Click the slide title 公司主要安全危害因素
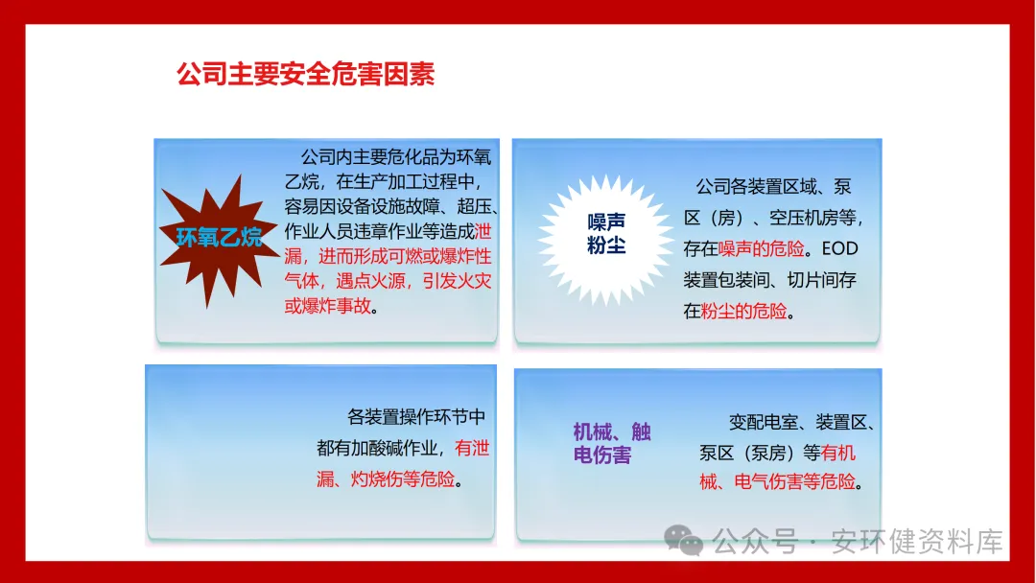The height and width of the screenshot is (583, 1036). click(x=305, y=74)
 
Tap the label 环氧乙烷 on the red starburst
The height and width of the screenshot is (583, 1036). click(x=220, y=237)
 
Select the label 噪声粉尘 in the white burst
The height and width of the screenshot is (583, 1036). click(x=606, y=233)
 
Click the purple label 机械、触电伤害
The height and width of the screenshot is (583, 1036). click(x=612, y=443)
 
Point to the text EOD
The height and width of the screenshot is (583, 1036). click(x=839, y=249)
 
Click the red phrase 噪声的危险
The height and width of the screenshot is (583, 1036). click(x=761, y=249)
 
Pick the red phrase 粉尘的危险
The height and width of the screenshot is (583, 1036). click(x=744, y=311)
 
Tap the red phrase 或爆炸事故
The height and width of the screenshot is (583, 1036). click(x=328, y=306)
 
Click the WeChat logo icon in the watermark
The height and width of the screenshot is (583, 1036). click(x=683, y=540)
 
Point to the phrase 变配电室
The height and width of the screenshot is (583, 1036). click(x=764, y=422)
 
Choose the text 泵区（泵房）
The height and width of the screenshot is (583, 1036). click(x=748, y=453)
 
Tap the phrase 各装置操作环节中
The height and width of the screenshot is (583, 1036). click(x=416, y=417)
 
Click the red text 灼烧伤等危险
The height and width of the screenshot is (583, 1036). click(x=402, y=478)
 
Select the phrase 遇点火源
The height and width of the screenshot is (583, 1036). click(x=370, y=281)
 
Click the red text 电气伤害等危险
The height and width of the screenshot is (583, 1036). click(x=795, y=482)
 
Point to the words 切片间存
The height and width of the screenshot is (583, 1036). click(x=822, y=280)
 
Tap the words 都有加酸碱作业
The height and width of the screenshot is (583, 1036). click(x=377, y=449)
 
